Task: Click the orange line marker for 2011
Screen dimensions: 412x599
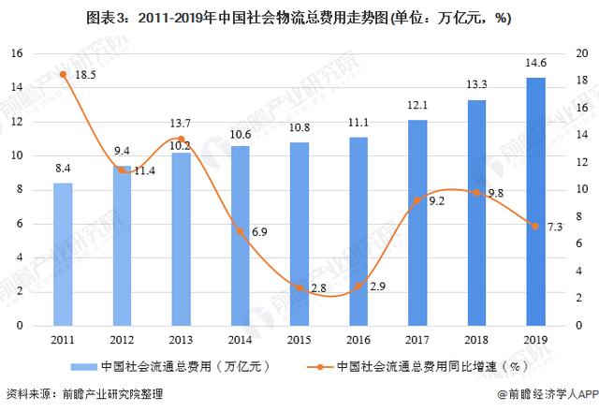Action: [63, 74]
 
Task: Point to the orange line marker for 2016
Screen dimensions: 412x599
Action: [358, 286]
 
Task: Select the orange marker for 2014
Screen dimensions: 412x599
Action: [241, 231]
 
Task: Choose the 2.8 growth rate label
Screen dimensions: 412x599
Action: [318, 287]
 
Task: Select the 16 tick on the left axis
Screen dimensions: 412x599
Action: [16, 53]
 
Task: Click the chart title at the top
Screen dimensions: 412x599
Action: [299, 17]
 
